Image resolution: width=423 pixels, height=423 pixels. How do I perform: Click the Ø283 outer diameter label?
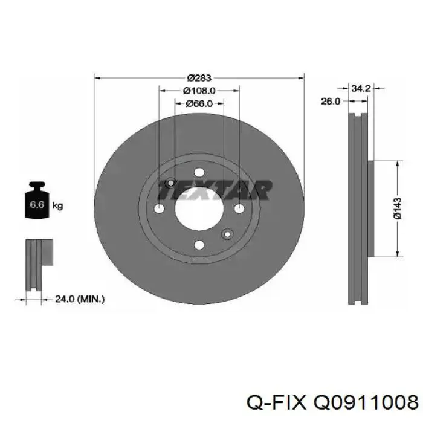(x=198, y=77)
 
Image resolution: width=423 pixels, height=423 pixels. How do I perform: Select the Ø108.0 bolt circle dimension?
(x=199, y=91)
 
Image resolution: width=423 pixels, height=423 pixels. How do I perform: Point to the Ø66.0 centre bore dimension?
(x=199, y=103)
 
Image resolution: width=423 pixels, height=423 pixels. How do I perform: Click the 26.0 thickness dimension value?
(x=330, y=102)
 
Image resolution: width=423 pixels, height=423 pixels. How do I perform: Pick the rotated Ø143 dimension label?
(x=398, y=207)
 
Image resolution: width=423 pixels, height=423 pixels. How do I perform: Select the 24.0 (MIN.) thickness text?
(x=80, y=298)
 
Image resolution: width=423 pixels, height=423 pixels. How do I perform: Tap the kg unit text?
(x=58, y=205)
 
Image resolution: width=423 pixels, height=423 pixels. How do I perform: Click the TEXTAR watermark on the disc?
(x=215, y=190)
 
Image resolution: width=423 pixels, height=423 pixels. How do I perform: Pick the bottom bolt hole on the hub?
(x=199, y=245)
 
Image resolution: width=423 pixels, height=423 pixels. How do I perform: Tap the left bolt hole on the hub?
(x=160, y=208)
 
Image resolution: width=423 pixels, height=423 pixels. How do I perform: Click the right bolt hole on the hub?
(x=239, y=208)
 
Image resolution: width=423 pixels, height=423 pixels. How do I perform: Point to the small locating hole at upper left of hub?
(x=170, y=183)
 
